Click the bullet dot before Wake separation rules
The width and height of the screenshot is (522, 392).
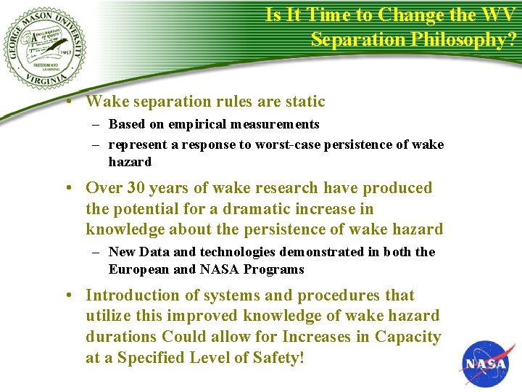tap(67, 102)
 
